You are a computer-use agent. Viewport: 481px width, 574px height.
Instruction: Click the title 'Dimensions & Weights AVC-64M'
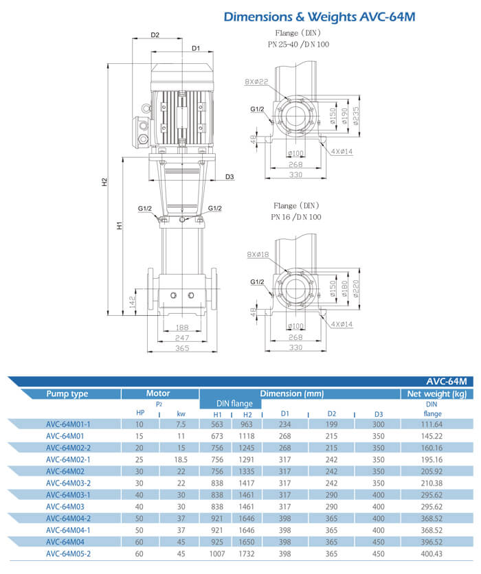tap(320, 16)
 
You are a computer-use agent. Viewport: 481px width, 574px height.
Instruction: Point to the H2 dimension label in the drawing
tap(104, 183)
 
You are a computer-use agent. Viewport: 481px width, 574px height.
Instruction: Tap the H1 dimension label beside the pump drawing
tap(119, 225)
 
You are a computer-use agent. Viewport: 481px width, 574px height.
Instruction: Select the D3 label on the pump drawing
tap(230, 177)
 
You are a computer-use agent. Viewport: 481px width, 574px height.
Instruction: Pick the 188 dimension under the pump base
tap(181, 328)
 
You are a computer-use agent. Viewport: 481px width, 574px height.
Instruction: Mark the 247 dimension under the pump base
tap(181, 338)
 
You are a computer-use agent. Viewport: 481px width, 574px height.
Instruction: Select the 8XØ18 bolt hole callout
tap(256, 255)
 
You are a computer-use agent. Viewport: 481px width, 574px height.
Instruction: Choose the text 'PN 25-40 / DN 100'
tap(298, 43)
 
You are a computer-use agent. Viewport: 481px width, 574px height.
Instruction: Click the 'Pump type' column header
tap(67, 394)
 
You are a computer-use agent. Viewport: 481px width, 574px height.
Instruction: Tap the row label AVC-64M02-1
tap(68, 459)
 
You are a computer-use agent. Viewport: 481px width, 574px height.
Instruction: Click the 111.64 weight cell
tap(432, 424)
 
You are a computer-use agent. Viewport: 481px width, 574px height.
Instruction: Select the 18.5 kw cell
tap(181, 459)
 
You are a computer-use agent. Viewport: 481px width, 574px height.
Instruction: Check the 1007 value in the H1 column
tap(217, 553)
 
